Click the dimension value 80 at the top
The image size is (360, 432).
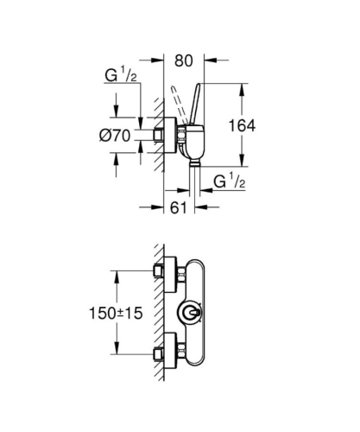tap(183, 62)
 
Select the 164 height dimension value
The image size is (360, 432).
tap(244, 125)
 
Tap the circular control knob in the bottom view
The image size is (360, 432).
tap(190, 314)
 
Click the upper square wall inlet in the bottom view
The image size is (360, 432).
tap(158, 271)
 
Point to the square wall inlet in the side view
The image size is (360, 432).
tap(159, 134)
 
